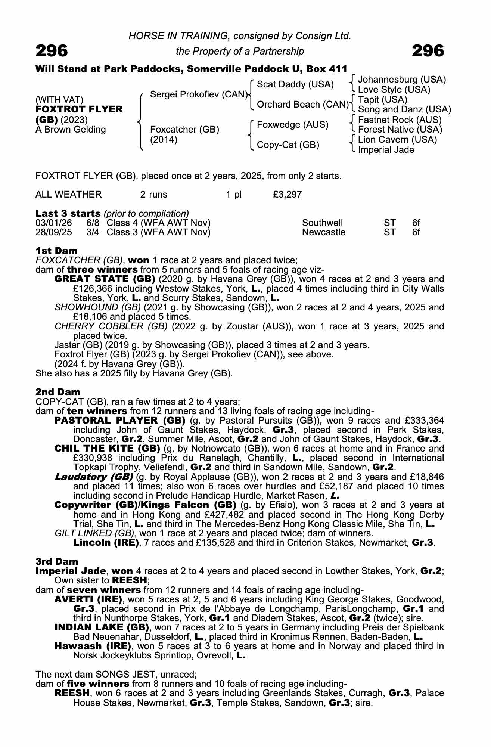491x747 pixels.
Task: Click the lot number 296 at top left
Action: point(52,51)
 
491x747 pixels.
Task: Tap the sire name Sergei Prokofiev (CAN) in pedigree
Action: point(199,94)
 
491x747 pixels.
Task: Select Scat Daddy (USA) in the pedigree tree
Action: point(295,84)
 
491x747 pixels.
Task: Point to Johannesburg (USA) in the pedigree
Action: point(402,80)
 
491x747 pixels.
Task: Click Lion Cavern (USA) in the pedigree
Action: point(397,140)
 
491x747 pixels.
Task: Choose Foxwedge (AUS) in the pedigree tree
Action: point(293,124)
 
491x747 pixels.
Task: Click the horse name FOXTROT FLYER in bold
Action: point(79,109)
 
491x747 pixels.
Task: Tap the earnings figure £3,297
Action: point(288,195)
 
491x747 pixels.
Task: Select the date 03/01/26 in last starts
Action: point(54,223)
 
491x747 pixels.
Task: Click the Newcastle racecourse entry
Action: point(323,232)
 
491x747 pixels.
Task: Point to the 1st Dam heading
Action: point(56,251)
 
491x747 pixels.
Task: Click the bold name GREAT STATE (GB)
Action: point(105,279)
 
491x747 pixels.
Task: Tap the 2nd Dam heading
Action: point(58,392)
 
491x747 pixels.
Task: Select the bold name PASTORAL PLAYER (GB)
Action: point(120,421)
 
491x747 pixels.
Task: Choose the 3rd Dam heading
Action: point(57,561)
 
